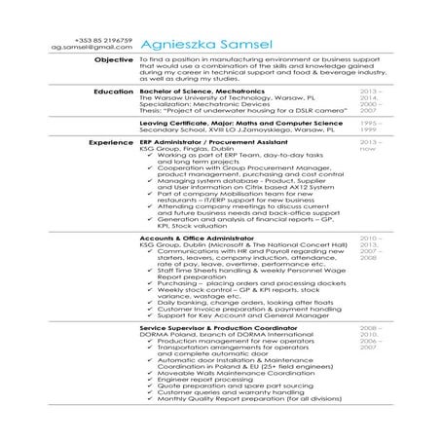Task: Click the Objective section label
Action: click(112, 60)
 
